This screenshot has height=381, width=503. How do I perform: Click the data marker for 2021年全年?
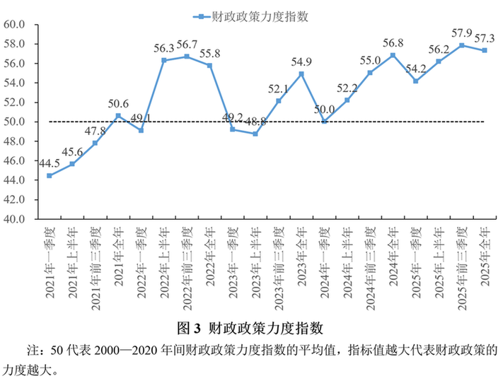[x=118, y=115]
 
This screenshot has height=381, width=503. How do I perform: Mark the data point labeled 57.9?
[x=462, y=45]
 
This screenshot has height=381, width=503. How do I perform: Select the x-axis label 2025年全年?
[x=485, y=255]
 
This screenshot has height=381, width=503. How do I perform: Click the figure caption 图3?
[x=189, y=328]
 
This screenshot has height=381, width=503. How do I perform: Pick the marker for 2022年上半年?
[x=164, y=60]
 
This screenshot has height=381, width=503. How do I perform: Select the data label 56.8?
[x=393, y=42]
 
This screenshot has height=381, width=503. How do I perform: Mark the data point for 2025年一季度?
[x=416, y=81]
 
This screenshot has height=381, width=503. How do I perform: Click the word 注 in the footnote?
[x=33, y=350]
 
